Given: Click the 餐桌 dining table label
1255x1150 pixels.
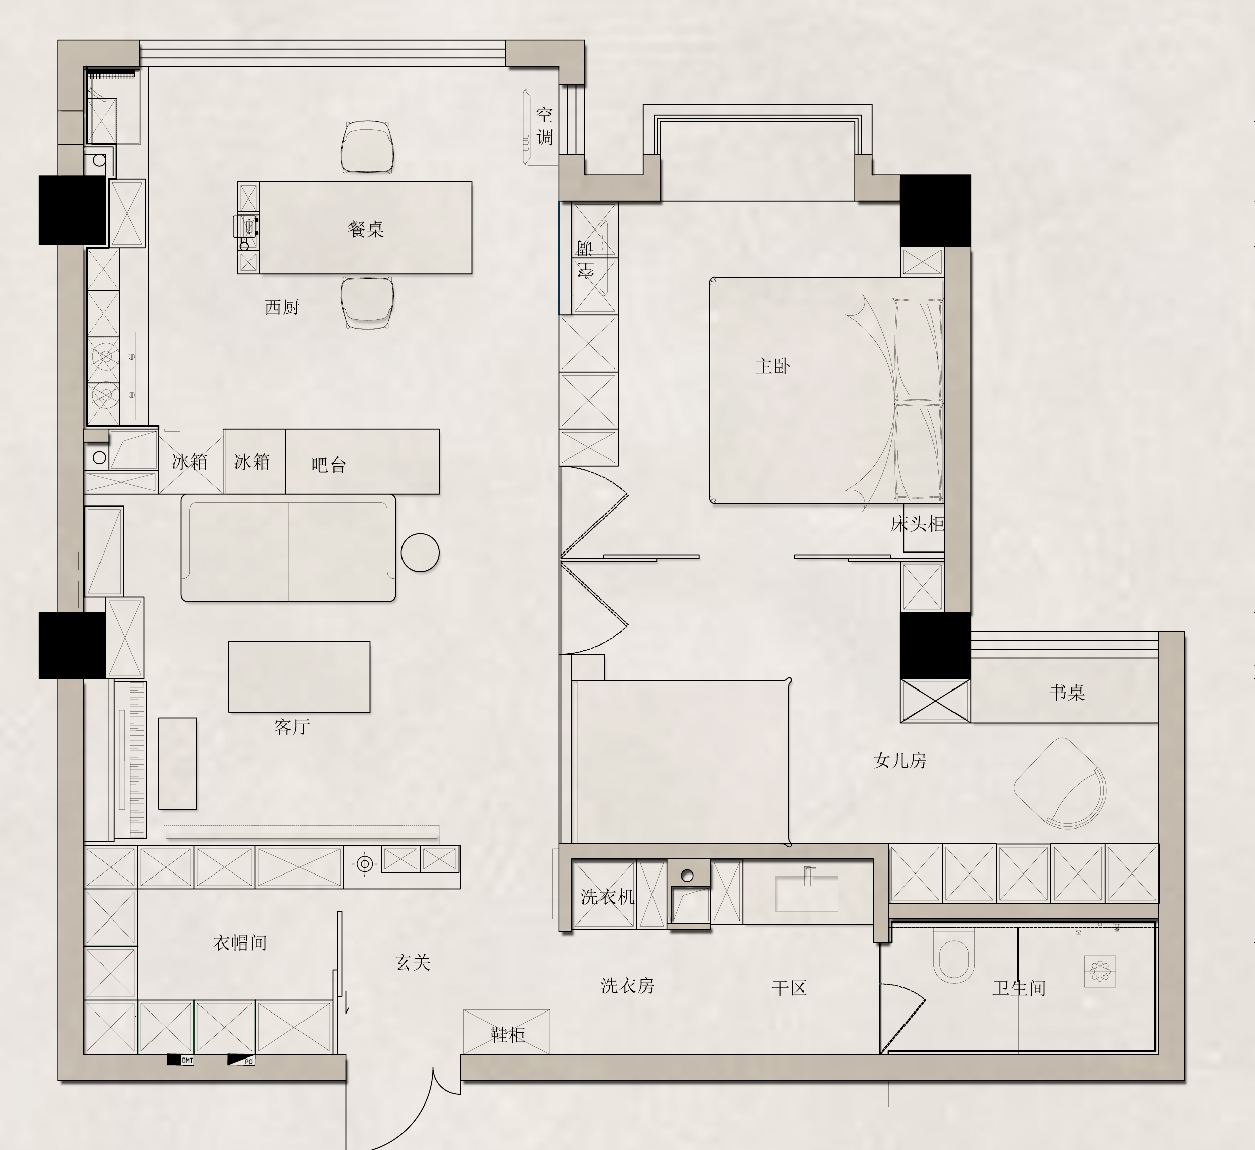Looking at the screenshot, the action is pos(366,229).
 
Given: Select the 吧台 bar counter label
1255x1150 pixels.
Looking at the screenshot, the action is pos(329,465).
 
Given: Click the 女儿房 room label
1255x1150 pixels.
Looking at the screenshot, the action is pos(899,760).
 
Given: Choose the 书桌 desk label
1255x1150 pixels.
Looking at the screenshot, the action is pos(1067,692).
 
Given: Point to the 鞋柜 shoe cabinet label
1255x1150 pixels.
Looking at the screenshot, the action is pos(508,1035).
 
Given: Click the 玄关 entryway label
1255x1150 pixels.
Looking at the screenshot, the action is pos(413,962).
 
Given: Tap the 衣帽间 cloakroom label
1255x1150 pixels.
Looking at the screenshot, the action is pos(240,943).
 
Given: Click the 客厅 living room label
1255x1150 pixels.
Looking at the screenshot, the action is pos(292,726).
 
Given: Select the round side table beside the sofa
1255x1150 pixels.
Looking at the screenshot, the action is pos(420,553).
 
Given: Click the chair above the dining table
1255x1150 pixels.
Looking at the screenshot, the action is pos(367,147).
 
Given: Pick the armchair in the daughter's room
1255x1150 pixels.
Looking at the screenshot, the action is pos(1060,783).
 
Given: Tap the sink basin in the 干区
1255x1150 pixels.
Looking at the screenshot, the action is pos(806,893).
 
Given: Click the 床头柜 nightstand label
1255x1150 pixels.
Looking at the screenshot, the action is pos(918,524).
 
